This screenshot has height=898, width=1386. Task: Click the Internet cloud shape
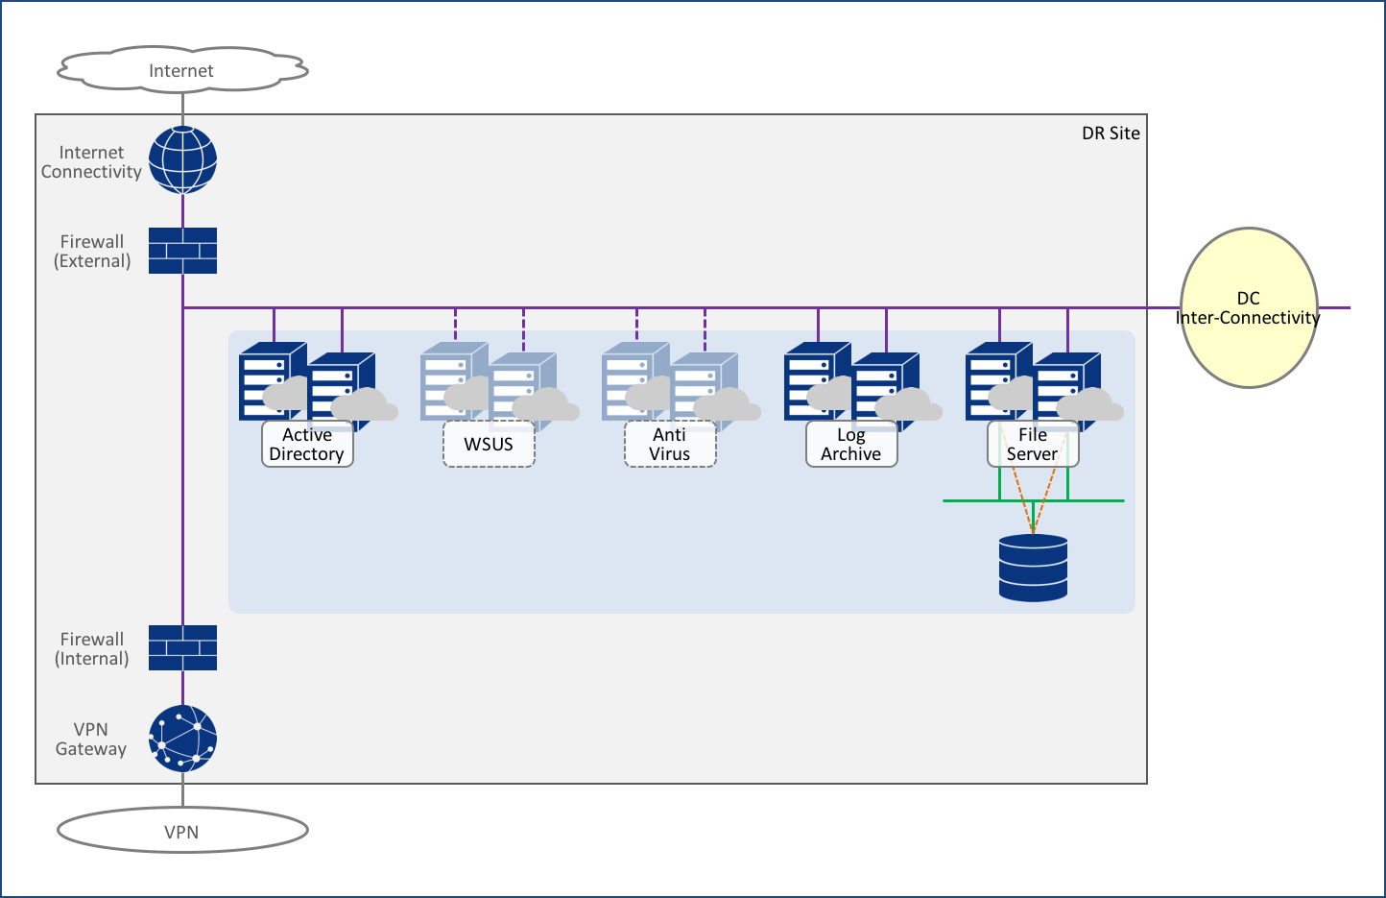pyautogui.click(x=181, y=70)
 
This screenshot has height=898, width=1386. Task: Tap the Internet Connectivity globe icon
pyautogui.click(x=182, y=159)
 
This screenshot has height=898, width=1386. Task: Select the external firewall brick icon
pyautogui.click(x=182, y=251)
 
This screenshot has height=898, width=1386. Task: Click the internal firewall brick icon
pyautogui.click(x=182, y=647)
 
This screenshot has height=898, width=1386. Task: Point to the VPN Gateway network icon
pyautogui.click(x=182, y=739)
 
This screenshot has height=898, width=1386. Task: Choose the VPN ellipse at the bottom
pyautogui.click(x=181, y=831)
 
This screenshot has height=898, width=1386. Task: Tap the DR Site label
pyautogui.click(x=1111, y=133)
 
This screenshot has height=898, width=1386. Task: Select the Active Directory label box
pyautogui.click(x=307, y=445)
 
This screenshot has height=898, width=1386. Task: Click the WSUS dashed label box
pyautogui.click(x=489, y=445)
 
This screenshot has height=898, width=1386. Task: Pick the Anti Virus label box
pyautogui.click(x=670, y=445)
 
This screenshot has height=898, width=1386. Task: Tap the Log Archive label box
pyautogui.click(x=851, y=445)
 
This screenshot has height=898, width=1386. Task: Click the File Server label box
pyautogui.click(x=1033, y=445)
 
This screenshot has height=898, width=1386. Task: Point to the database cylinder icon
pyautogui.click(x=1033, y=568)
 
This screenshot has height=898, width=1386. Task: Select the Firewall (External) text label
pyautogui.click(x=92, y=251)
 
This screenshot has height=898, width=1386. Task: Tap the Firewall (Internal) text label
pyautogui.click(x=92, y=648)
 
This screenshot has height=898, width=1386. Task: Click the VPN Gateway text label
pyautogui.click(x=91, y=739)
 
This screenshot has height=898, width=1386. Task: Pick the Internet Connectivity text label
pyautogui.click(x=91, y=161)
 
